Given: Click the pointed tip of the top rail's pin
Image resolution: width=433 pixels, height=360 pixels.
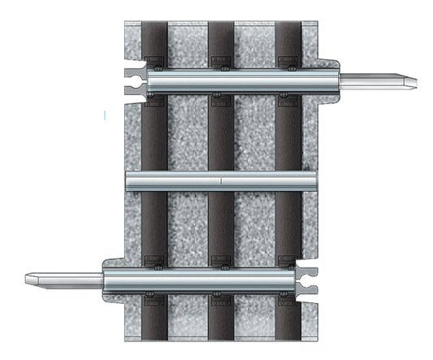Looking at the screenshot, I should click(x=417, y=80).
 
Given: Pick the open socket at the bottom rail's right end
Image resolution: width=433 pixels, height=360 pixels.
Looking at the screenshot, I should click(x=308, y=279).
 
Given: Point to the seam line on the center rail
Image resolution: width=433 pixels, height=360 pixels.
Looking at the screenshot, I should click(x=221, y=180).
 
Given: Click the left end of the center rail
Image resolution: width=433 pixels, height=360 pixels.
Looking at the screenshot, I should click(x=128, y=180).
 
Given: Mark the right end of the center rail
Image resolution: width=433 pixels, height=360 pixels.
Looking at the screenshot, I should click(x=316, y=180).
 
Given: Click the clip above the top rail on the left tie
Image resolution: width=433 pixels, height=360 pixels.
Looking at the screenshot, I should click(x=154, y=62).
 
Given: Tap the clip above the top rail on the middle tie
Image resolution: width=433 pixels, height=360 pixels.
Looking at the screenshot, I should click(x=220, y=62).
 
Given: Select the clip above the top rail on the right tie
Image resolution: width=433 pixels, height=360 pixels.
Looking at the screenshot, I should click(x=287, y=62).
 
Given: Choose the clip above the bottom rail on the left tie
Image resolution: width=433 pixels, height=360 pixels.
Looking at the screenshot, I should click(x=154, y=260).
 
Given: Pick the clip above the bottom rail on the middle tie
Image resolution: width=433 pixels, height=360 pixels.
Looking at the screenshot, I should click(x=220, y=260).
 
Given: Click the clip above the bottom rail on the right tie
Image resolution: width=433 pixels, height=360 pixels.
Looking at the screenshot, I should click(x=287, y=260).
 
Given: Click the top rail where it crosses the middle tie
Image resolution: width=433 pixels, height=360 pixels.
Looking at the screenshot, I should click(x=220, y=80).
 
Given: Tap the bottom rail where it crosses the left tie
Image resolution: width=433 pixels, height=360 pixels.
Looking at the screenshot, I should click(x=154, y=279).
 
